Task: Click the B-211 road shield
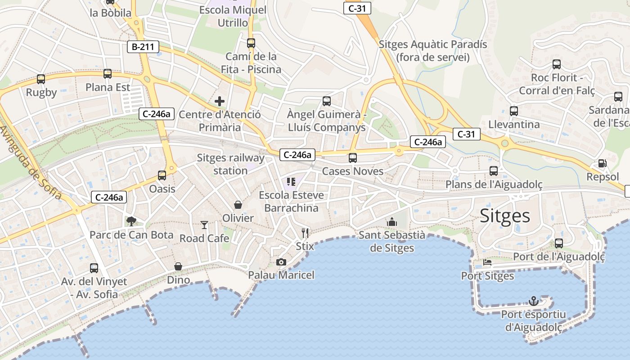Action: pos(143,46)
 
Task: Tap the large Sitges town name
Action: pos(505,216)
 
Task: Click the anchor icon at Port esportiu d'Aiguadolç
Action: pos(533,301)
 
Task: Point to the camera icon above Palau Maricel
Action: pos(281,262)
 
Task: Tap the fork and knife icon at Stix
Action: pos(305,233)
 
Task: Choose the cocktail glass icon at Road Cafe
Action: pos(204,225)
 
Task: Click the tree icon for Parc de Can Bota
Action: pos(131,221)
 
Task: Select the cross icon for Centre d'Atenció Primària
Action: pos(220,101)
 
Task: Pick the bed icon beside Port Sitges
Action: pos(487,262)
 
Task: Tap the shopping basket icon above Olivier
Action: pos(238,205)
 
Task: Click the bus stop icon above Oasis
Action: pos(162,175)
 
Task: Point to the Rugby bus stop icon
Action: pos(41,79)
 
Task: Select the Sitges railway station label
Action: pos(230,164)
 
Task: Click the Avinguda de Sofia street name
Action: pos(31,163)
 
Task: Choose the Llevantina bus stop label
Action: pos(514,124)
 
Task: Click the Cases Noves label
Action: pos(353,171)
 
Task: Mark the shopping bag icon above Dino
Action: pos(178,266)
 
